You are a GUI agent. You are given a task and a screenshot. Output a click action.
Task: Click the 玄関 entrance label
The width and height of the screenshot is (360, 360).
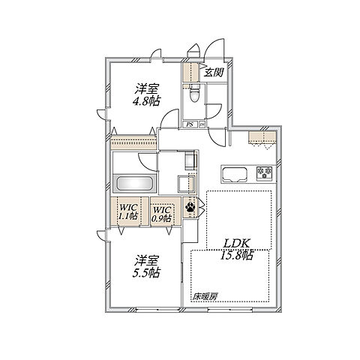(214, 73)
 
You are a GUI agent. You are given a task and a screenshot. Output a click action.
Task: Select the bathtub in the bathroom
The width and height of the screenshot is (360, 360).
(135, 184)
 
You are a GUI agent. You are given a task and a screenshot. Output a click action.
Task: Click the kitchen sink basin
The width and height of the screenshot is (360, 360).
(235, 174)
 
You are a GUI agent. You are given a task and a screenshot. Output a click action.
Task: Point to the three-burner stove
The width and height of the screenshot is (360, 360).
(265, 173)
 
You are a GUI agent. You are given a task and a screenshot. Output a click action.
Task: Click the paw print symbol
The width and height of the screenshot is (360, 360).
(190, 207)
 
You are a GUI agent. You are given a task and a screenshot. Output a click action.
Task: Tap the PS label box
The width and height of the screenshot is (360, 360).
(190, 124)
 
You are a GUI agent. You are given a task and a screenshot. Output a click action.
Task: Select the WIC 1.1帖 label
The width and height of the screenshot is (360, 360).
(128, 211)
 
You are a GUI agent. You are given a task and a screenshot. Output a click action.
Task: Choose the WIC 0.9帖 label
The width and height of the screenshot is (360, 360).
(162, 214)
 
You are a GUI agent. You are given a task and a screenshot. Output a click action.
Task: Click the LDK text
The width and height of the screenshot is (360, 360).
(236, 244)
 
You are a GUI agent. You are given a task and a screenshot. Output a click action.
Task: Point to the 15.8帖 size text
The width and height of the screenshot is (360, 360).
(236, 255)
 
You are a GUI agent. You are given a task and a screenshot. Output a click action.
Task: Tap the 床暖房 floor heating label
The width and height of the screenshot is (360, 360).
(205, 297)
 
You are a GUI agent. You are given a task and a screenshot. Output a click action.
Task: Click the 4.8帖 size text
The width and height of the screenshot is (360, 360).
(146, 100)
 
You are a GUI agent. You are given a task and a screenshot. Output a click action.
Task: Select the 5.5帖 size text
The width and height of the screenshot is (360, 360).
(146, 273)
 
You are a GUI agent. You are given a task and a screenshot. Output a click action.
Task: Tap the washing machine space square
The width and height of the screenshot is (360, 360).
(185, 184)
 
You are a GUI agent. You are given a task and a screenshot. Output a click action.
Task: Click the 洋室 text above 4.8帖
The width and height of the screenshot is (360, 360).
(146, 88)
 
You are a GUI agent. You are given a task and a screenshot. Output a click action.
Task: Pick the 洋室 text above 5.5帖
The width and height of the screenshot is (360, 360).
(146, 261)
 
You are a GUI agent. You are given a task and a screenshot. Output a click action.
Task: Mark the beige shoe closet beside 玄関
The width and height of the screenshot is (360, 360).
(190, 72)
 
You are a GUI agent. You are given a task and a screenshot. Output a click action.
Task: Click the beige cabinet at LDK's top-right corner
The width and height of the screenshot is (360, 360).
(262, 138)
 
